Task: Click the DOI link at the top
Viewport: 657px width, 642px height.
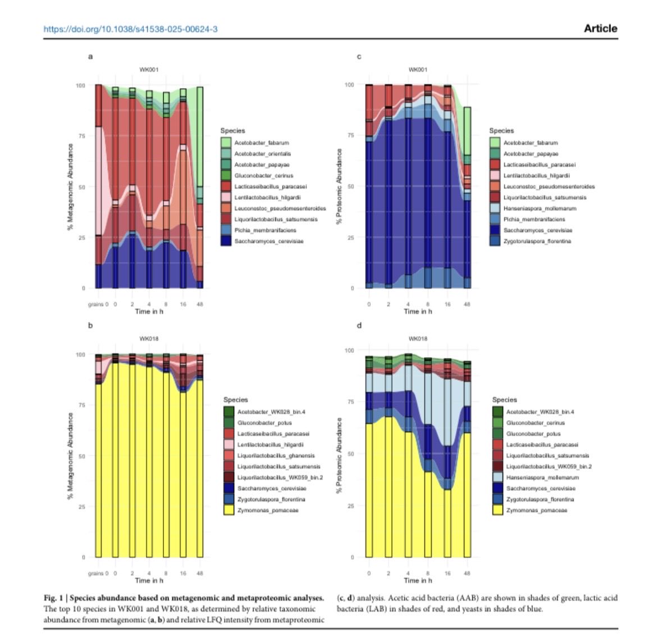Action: pos(130,29)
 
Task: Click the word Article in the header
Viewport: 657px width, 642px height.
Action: pos(600,28)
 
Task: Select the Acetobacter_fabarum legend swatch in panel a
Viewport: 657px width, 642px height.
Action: pos(226,143)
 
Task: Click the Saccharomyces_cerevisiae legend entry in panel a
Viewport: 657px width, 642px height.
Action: pos(269,242)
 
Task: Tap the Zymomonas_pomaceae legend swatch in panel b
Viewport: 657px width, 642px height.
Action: pos(229,510)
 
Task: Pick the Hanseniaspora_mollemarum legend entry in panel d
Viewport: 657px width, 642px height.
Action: pos(542,477)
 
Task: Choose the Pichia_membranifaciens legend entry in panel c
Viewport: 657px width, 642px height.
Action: pos(534,219)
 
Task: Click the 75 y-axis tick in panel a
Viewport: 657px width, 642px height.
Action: pos(81,136)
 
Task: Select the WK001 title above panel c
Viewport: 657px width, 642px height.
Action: pos(418,70)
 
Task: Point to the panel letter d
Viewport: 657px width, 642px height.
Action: pos(359,325)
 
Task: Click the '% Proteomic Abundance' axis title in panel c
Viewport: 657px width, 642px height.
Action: pos(339,186)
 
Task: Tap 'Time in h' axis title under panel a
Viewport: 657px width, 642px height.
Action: pos(149,311)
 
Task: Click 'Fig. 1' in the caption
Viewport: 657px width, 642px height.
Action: pos(54,598)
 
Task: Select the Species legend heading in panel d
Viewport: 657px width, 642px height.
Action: pos(504,399)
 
